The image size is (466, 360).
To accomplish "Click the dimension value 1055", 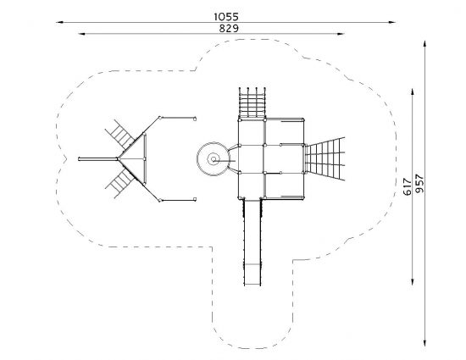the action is pos(226,17).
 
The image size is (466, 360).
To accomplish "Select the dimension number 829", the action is pos(229,29).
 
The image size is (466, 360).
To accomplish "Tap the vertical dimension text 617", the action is pos(408,186).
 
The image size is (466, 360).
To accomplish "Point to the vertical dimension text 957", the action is pos(419,184).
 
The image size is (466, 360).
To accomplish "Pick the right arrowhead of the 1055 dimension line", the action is pos(392,22).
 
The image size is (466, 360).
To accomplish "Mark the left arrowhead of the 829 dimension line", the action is pos(82,34).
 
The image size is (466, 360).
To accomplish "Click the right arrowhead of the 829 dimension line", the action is pos(341,34).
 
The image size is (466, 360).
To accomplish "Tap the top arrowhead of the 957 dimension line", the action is pos(424,44).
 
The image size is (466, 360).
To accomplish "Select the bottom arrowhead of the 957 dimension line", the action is pos(424,342).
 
